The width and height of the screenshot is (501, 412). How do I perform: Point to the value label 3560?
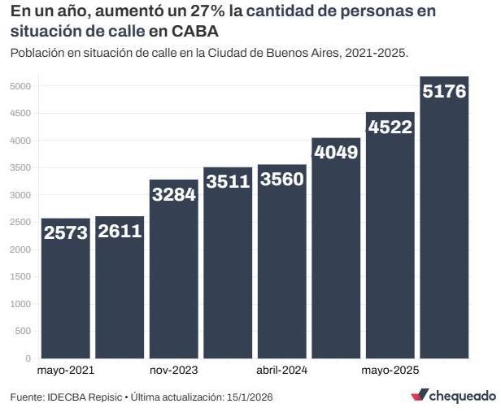[282, 180]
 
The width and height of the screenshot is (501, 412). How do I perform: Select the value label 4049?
[336, 153]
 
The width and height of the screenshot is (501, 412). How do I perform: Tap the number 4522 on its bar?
[390, 127]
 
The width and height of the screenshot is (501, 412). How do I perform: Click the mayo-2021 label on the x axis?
[66, 370]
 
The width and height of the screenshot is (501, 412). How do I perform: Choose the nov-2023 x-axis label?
[174, 370]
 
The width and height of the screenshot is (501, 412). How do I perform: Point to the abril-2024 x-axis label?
[282, 370]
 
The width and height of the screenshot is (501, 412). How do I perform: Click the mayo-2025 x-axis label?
[390, 370]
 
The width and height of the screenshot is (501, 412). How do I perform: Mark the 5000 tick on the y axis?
[20, 86]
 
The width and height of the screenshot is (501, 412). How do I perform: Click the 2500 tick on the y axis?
[20, 222]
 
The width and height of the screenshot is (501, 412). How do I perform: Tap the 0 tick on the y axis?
[28, 358]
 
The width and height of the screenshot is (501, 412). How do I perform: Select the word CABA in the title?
[195, 31]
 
